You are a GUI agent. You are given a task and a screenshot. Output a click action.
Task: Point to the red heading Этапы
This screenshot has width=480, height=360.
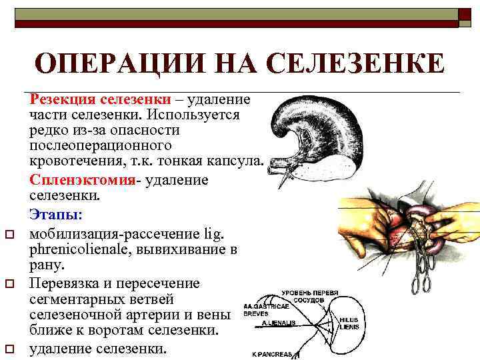point(55,215)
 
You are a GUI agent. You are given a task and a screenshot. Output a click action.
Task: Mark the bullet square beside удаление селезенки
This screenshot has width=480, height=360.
point(10,348)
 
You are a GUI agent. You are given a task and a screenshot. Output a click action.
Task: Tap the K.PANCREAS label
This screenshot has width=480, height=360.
point(272,355)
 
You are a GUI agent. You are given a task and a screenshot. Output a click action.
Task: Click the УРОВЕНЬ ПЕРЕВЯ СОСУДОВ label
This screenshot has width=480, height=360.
point(309,297)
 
